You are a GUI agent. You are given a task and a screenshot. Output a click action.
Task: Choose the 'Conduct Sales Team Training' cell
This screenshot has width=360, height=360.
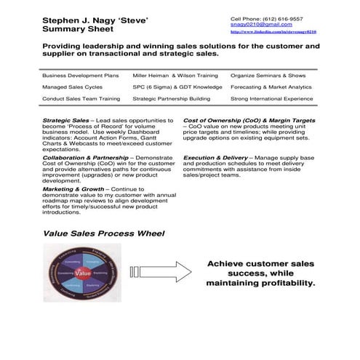pyautogui.click(x=81, y=97)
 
